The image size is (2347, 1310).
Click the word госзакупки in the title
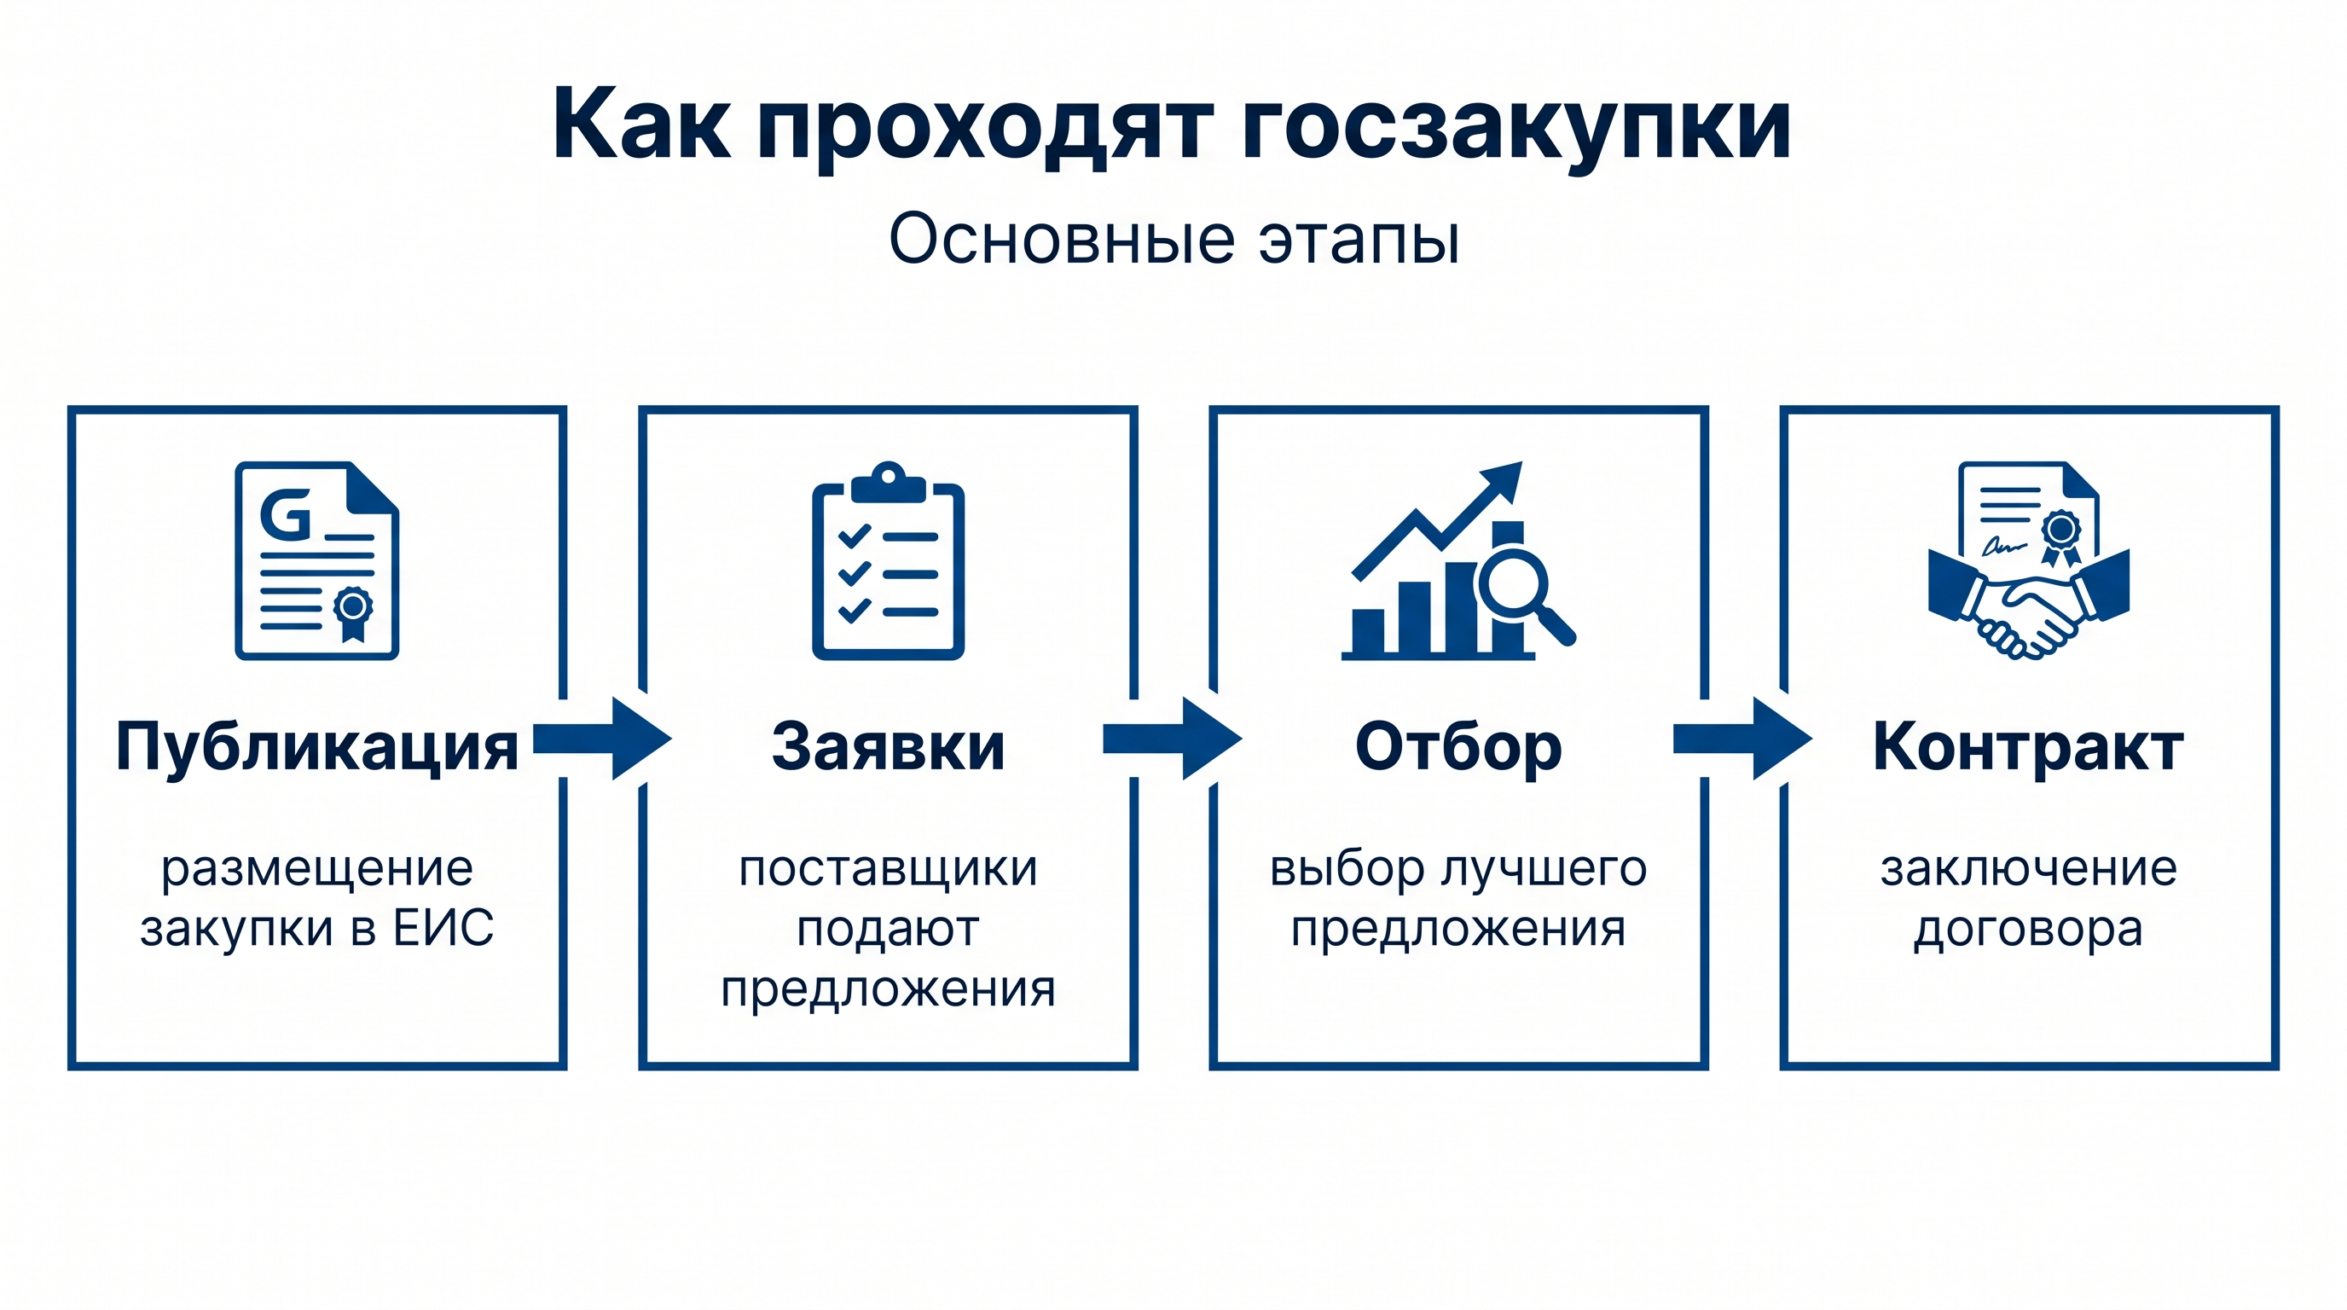(1516, 128)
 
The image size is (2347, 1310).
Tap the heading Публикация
(317, 748)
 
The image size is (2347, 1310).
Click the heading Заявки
(889, 747)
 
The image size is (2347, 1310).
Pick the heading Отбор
(1458, 748)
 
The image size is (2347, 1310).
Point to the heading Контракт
(2028, 747)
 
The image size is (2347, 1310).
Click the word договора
(2028, 930)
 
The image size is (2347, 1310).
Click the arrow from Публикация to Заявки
(602, 739)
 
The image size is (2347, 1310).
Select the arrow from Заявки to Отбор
(1173, 739)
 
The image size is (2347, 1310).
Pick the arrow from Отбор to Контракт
(1743, 739)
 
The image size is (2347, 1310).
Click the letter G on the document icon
(286, 515)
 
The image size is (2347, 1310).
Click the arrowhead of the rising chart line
(1503, 479)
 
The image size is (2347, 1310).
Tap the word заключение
(2028, 868)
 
